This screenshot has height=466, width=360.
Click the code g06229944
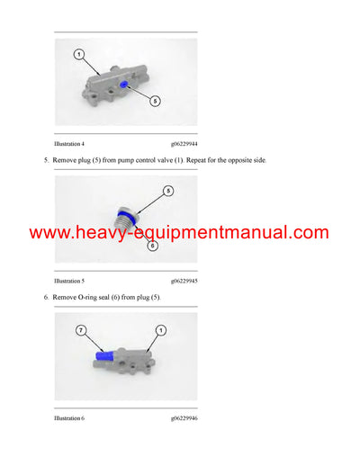[x=184, y=144]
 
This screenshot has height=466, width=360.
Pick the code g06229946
[x=184, y=418]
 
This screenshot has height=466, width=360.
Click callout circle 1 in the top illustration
[x=78, y=55]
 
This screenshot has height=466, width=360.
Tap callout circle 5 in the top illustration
[x=155, y=101]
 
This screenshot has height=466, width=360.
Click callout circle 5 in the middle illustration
[x=168, y=191]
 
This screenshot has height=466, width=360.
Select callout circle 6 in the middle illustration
[x=151, y=245]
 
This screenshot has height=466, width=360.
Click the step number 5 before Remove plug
[x=45, y=160]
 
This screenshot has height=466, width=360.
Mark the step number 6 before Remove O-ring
[x=45, y=297]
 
